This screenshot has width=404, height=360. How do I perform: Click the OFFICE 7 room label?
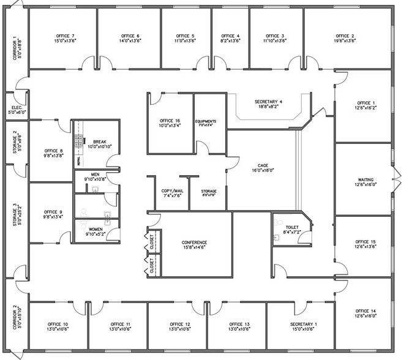point(65,36)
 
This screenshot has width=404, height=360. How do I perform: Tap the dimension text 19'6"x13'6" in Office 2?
point(345,42)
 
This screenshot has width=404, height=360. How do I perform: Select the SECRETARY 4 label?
point(268,101)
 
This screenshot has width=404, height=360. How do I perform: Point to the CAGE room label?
point(263,165)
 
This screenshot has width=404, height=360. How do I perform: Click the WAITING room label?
point(365,180)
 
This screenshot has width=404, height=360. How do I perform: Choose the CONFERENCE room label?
point(195,242)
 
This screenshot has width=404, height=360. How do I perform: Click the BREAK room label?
point(100,141)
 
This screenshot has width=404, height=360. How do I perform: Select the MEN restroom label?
point(95,174)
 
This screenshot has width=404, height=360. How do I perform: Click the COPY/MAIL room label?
point(172,191)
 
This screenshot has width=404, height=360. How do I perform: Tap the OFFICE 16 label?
point(170,121)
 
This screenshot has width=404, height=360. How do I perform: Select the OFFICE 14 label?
point(365,311)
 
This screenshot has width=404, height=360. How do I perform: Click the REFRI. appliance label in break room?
point(78,160)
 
